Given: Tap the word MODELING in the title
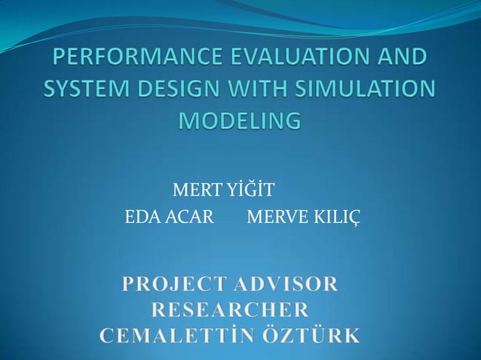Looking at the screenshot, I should pyautogui.click(x=240, y=121).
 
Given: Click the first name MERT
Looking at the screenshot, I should pyautogui.click(x=193, y=187).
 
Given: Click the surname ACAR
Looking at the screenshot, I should pyautogui.click(x=188, y=218).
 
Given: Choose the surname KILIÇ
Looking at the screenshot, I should pyautogui.click(x=335, y=218).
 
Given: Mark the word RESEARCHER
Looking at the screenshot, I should pyautogui.click(x=230, y=310).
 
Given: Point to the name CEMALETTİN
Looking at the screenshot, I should pyautogui.click(x=176, y=334).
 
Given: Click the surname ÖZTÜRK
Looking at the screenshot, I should pyautogui.click(x=310, y=334).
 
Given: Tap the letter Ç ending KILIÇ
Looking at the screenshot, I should pyautogui.click(x=355, y=219).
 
